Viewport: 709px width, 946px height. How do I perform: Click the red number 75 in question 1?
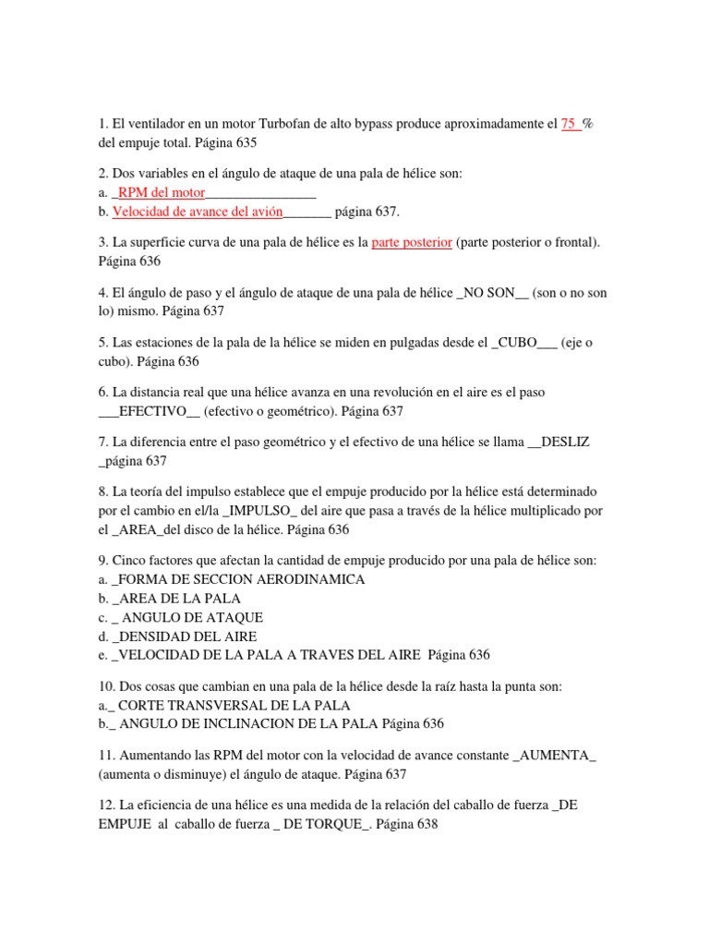[570, 125]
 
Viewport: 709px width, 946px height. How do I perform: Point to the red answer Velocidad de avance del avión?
[197, 212]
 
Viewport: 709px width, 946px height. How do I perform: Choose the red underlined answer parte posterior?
[412, 243]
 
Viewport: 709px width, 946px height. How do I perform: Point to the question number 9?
[101, 561]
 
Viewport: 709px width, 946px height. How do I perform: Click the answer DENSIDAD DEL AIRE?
[187, 637]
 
